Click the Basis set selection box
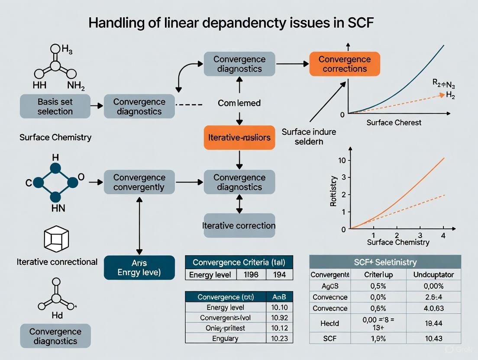click(x=55, y=106)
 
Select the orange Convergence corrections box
click(x=345, y=64)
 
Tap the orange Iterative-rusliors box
click(x=239, y=138)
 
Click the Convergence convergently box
click(x=139, y=182)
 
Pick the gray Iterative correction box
click(x=239, y=225)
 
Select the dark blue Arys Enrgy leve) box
click(x=139, y=267)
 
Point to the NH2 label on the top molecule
click(x=76, y=85)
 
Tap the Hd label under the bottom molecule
click(x=57, y=315)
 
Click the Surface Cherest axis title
click(x=394, y=122)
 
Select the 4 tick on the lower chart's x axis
click(x=442, y=235)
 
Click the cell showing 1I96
click(x=251, y=274)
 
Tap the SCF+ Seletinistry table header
click(x=385, y=262)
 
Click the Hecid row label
click(x=329, y=323)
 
